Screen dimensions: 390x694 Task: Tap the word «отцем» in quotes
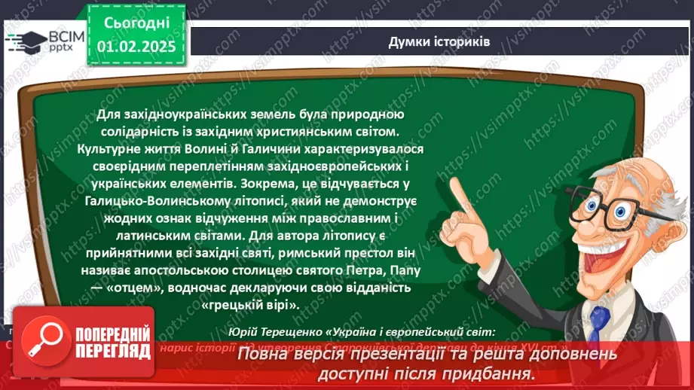(x=154, y=287)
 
